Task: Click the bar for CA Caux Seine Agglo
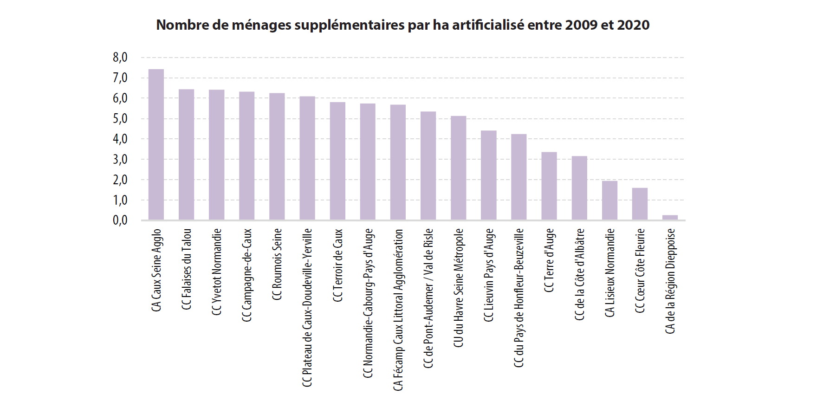tap(156, 144)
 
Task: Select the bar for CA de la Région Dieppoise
tap(670, 217)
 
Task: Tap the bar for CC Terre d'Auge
tap(549, 186)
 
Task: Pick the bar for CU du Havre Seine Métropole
tap(459, 168)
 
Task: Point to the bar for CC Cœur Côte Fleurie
tap(640, 204)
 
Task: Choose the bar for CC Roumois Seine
tap(277, 156)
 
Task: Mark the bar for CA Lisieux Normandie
tap(609, 200)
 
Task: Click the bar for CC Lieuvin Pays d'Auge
tap(489, 175)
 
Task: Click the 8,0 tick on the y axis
tap(120, 58)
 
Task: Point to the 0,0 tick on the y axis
tap(120, 220)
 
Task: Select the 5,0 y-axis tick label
tap(120, 118)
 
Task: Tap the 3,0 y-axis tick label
tap(120, 159)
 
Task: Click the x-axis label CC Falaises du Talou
tap(187, 269)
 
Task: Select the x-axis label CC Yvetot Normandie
tap(217, 272)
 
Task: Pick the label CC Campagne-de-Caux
tap(247, 275)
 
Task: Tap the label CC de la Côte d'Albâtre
tap(579, 274)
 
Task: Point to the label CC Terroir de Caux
tap(338, 265)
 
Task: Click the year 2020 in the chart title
tap(633, 25)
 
